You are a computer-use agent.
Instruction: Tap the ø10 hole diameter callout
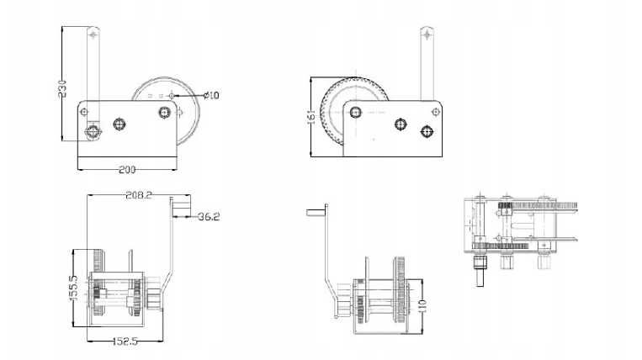point(210,95)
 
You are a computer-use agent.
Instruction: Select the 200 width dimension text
point(126,170)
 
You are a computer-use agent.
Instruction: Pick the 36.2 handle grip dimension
point(209,217)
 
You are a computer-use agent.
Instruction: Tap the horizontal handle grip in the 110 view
point(316,209)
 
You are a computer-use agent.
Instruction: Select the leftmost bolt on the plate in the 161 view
point(358,113)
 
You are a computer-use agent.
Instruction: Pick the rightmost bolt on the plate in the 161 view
point(426,130)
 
